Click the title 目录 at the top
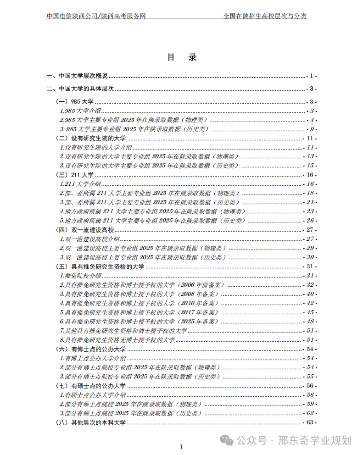pos(182,58)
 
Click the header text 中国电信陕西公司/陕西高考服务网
pos(96,16)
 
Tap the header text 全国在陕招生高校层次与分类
pos(265,16)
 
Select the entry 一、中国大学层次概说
pos(77,76)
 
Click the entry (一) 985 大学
pos(74,102)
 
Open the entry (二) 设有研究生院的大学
pos(90,139)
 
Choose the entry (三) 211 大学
pos(74,175)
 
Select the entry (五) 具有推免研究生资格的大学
pos(100,266)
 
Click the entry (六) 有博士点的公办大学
pos(90,350)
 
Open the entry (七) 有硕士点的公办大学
pos(90,386)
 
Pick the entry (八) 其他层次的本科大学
pos(90,423)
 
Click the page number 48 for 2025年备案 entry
pos(310,322)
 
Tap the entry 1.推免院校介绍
pos(80,276)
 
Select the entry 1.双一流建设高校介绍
pos(89,239)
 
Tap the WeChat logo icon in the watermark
pos(227,440)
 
